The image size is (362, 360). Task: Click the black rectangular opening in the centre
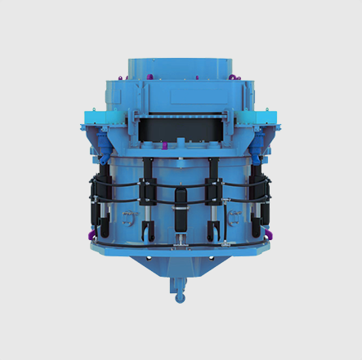181,127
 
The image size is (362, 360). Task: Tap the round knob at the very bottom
179,297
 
